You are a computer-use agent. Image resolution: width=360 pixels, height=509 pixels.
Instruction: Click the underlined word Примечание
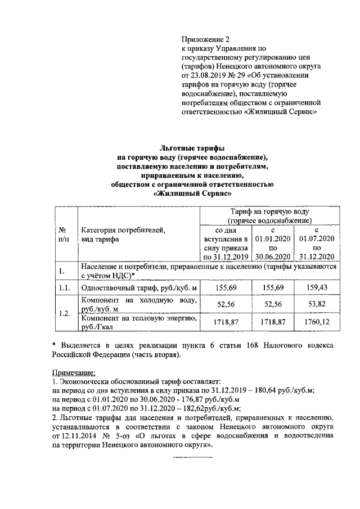74,372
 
